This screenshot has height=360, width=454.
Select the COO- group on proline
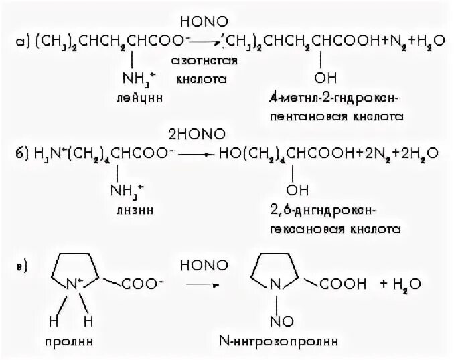142,285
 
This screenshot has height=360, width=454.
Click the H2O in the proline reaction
404,286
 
